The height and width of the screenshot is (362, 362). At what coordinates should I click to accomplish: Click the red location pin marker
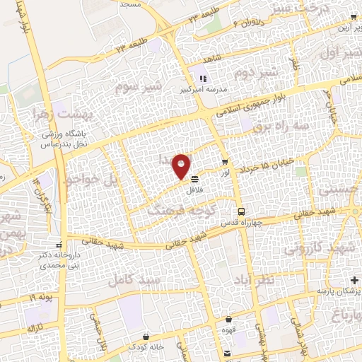click(182, 166)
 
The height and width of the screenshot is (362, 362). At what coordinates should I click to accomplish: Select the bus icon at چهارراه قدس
click(241, 211)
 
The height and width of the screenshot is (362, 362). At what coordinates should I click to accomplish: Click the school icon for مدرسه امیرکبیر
click(202, 78)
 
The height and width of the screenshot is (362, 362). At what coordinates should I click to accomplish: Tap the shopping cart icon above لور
click(224, 163)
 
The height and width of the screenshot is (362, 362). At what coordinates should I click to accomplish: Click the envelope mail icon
click(226, 353)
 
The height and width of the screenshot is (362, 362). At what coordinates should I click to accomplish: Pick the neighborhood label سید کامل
click(132, 280)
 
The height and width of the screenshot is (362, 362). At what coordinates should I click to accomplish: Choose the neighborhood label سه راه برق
click(283, 125)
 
